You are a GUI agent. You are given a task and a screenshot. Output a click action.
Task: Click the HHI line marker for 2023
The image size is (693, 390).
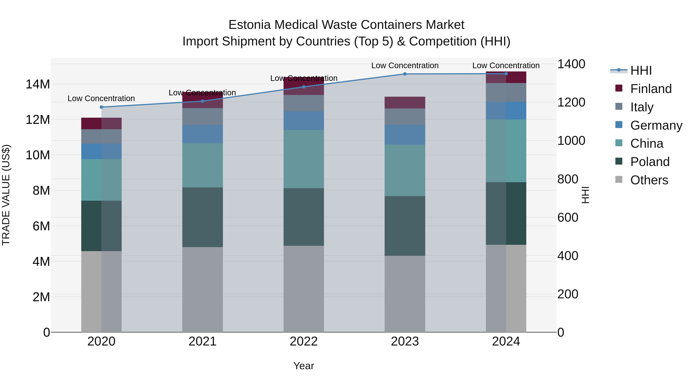[405, 74]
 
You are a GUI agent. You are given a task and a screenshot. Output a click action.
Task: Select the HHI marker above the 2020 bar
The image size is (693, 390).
[101, 107]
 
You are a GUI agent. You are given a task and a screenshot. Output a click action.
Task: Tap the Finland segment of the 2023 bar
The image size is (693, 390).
[405, 102]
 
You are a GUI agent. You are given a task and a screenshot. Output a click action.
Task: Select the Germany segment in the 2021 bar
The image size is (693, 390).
[202, 134]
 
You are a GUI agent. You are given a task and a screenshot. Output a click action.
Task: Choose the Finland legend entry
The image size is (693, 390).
[650, 89]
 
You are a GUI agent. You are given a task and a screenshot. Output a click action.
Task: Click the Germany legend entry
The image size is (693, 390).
[656, 125]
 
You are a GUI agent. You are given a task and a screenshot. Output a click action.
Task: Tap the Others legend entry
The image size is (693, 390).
[649, 180]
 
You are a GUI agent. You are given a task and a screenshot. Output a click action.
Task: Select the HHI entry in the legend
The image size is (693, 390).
[641, 70]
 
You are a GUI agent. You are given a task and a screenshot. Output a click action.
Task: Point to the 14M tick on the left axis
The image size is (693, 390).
[38, 84]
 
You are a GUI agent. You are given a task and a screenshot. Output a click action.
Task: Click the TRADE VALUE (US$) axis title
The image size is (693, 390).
[6, 195]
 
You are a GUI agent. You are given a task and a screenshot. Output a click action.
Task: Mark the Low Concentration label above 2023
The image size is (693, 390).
[405, 65]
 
